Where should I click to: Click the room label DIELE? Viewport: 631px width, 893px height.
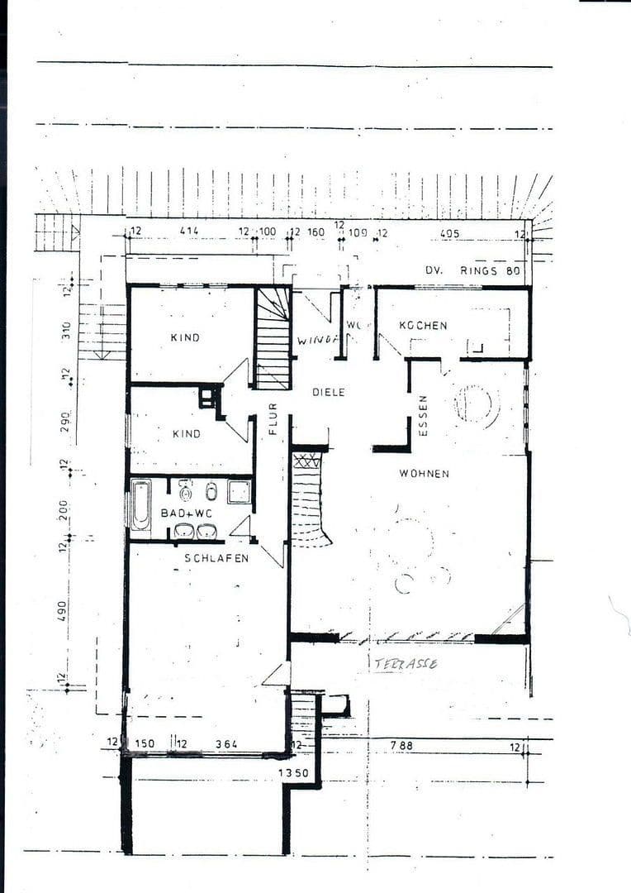click(x=328, y=392)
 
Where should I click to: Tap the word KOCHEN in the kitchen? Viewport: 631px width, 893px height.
click(x=423, y=326)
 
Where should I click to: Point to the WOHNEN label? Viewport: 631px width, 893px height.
click(x=424, y=474)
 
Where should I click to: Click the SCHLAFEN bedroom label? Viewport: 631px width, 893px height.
click(x=216, y=558)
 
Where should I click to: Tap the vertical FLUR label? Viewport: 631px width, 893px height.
click(x=273, y=418)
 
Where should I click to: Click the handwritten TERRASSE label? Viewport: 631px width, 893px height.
click(x=406, y=663)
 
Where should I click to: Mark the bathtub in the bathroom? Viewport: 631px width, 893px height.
click(x=140, y=504)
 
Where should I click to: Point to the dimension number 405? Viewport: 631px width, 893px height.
click(x=449, y=234)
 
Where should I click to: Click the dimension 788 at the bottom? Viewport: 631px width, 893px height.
click(x=401, y=745)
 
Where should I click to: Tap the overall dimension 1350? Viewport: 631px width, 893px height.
click(x=293, y=774)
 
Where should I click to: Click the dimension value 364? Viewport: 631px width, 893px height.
click(x=226, y=744)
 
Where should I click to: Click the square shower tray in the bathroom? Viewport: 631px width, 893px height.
click(x=240, y=492)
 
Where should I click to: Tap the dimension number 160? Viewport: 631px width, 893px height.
click(x=315, y=232)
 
